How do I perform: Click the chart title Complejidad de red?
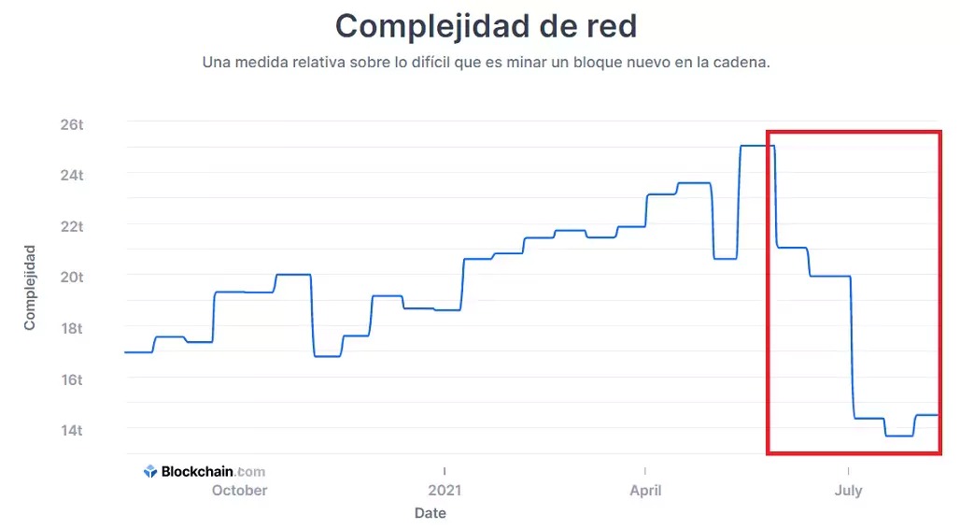486,26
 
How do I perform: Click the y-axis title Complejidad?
30,288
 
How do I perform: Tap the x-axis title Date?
431,513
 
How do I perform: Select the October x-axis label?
239,491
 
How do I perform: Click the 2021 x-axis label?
445,491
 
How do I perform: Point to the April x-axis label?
645,491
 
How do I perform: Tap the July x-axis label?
848,491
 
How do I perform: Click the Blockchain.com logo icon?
150,472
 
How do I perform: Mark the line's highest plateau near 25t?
756,146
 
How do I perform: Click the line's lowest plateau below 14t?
898,436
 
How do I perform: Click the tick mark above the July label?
848,469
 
